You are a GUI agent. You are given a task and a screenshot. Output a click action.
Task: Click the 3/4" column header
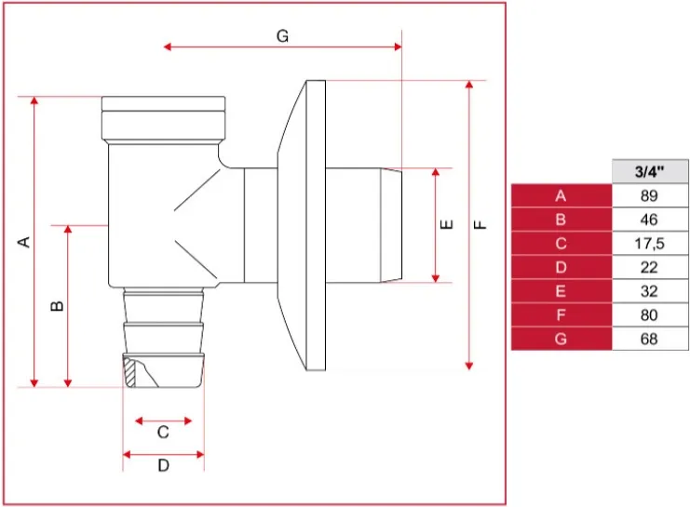click(x=650, y=171)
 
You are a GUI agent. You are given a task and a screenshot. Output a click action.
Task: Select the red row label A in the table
click(x=561, y=195)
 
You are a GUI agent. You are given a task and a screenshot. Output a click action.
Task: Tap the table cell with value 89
click(x=650, y=195)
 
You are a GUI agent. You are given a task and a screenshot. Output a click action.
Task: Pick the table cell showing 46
click(x=650, y=220)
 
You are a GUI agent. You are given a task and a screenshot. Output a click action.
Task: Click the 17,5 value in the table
click(x=650, y=243)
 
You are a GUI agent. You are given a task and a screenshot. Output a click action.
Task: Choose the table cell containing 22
click(x=650, y=267)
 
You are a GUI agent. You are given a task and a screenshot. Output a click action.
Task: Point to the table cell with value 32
click(x=650, y=291)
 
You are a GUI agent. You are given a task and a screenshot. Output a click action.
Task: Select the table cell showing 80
click(x=650, y=314)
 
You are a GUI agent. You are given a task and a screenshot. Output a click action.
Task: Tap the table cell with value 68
click(x=650, y=339)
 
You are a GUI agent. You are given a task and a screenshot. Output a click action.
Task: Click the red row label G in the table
click(x=561, y=339)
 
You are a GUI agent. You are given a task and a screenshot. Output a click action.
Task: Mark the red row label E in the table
click(x=561, y=291)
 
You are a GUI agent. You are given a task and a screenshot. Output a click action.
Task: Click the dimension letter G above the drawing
click(x=282, y=35)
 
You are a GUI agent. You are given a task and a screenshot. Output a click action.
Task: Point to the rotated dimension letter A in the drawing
click(x=24, y=242)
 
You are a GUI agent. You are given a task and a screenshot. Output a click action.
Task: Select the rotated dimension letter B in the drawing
click(x=58, y=306)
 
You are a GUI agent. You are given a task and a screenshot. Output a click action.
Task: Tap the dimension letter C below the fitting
click(x=163, y=433)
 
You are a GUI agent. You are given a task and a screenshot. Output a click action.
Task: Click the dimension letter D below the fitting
click(x=163, y=465)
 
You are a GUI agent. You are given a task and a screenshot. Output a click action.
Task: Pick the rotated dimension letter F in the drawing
click(x=480, y=225)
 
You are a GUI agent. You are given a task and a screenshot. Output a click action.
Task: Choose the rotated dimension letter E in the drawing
click(x=447, y=225)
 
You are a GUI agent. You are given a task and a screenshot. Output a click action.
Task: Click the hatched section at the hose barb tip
click(x=129, y=372)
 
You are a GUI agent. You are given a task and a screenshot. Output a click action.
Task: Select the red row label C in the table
click(x=561, y=243)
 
